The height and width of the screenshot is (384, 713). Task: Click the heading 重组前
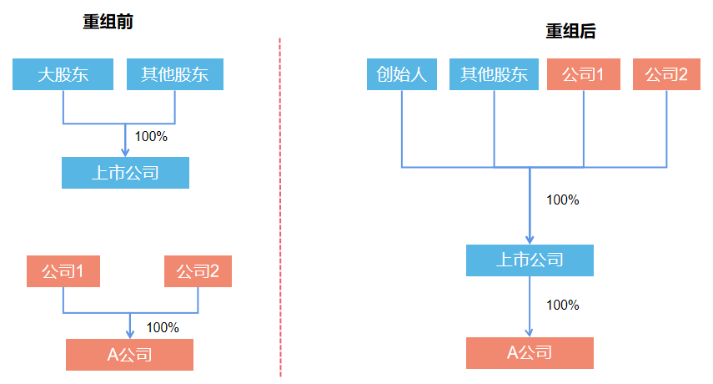(x=108, y=23)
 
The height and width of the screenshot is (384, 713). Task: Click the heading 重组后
(x=570, y=32)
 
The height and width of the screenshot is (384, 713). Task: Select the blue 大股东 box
(x=63, y=74)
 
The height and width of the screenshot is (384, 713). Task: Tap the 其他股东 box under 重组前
(x=175, y=74)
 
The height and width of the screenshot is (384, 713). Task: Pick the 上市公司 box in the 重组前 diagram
(x=125, y=173)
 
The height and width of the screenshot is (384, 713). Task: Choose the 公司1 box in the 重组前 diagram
(x=63, y=271)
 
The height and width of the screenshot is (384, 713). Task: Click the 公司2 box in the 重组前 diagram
(x=198, y=271)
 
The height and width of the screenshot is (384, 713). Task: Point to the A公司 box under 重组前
(x=129, y=355)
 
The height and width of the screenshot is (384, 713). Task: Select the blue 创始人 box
(x=402, y=74)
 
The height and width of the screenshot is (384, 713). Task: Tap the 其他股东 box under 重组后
(x=495, y=74)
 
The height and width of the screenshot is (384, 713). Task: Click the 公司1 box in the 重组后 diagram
(x=583, y=74)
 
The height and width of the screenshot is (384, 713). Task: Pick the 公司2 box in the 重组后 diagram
(x=666, y=74)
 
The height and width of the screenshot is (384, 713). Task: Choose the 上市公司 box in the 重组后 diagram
(x=530, y=260)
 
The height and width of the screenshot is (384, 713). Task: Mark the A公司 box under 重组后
(x=530, y=353)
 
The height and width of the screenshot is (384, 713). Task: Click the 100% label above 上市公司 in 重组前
(x=151, y=136)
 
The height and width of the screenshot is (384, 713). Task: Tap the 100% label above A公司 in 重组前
(x=163, y=327)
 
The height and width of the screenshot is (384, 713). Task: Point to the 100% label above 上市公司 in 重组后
(x=562, y=200)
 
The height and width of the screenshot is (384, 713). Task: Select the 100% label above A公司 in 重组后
(x=562, y=305)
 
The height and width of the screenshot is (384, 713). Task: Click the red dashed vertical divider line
(x=280, y=209)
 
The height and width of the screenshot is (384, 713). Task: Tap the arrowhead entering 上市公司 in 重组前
(x=125, y=152)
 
